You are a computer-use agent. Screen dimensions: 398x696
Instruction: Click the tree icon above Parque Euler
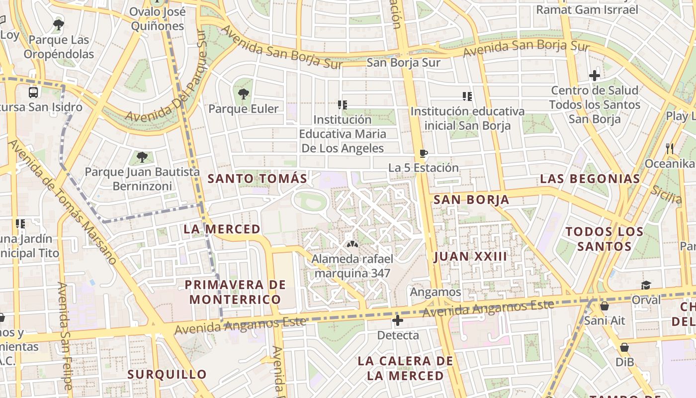click(244, 93)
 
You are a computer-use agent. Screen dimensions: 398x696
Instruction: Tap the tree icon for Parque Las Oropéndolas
click(59, 24)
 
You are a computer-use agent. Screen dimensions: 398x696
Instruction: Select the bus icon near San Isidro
click(33, 92)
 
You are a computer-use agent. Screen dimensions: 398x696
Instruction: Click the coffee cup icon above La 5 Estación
click(423, 153)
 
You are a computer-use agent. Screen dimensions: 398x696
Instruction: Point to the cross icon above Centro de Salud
click(595, 76)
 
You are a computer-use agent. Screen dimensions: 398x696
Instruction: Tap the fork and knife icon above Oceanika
click(670, 148)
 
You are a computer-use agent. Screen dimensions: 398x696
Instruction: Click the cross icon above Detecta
click(397, 320)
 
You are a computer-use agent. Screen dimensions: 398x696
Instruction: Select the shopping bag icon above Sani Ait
click(605, 305)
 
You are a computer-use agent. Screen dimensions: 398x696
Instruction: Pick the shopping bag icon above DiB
click(624, 347)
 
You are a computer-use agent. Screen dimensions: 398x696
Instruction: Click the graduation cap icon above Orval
click(646, 285)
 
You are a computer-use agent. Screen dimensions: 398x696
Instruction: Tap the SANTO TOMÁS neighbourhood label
click(257, 178)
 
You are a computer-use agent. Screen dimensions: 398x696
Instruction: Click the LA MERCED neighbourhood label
click(222, 229)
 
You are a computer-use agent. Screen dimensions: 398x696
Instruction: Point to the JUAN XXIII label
click(470, 256)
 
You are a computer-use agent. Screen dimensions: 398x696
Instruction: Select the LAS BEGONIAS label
click(590, 179)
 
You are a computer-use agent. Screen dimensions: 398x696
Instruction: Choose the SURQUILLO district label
click(167, 374)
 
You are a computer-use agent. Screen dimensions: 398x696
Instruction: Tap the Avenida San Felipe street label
click(64, 336)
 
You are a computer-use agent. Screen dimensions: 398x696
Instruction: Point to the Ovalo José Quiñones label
click(158, 19)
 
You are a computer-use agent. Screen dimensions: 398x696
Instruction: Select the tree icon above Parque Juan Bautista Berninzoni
click(142, 157)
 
